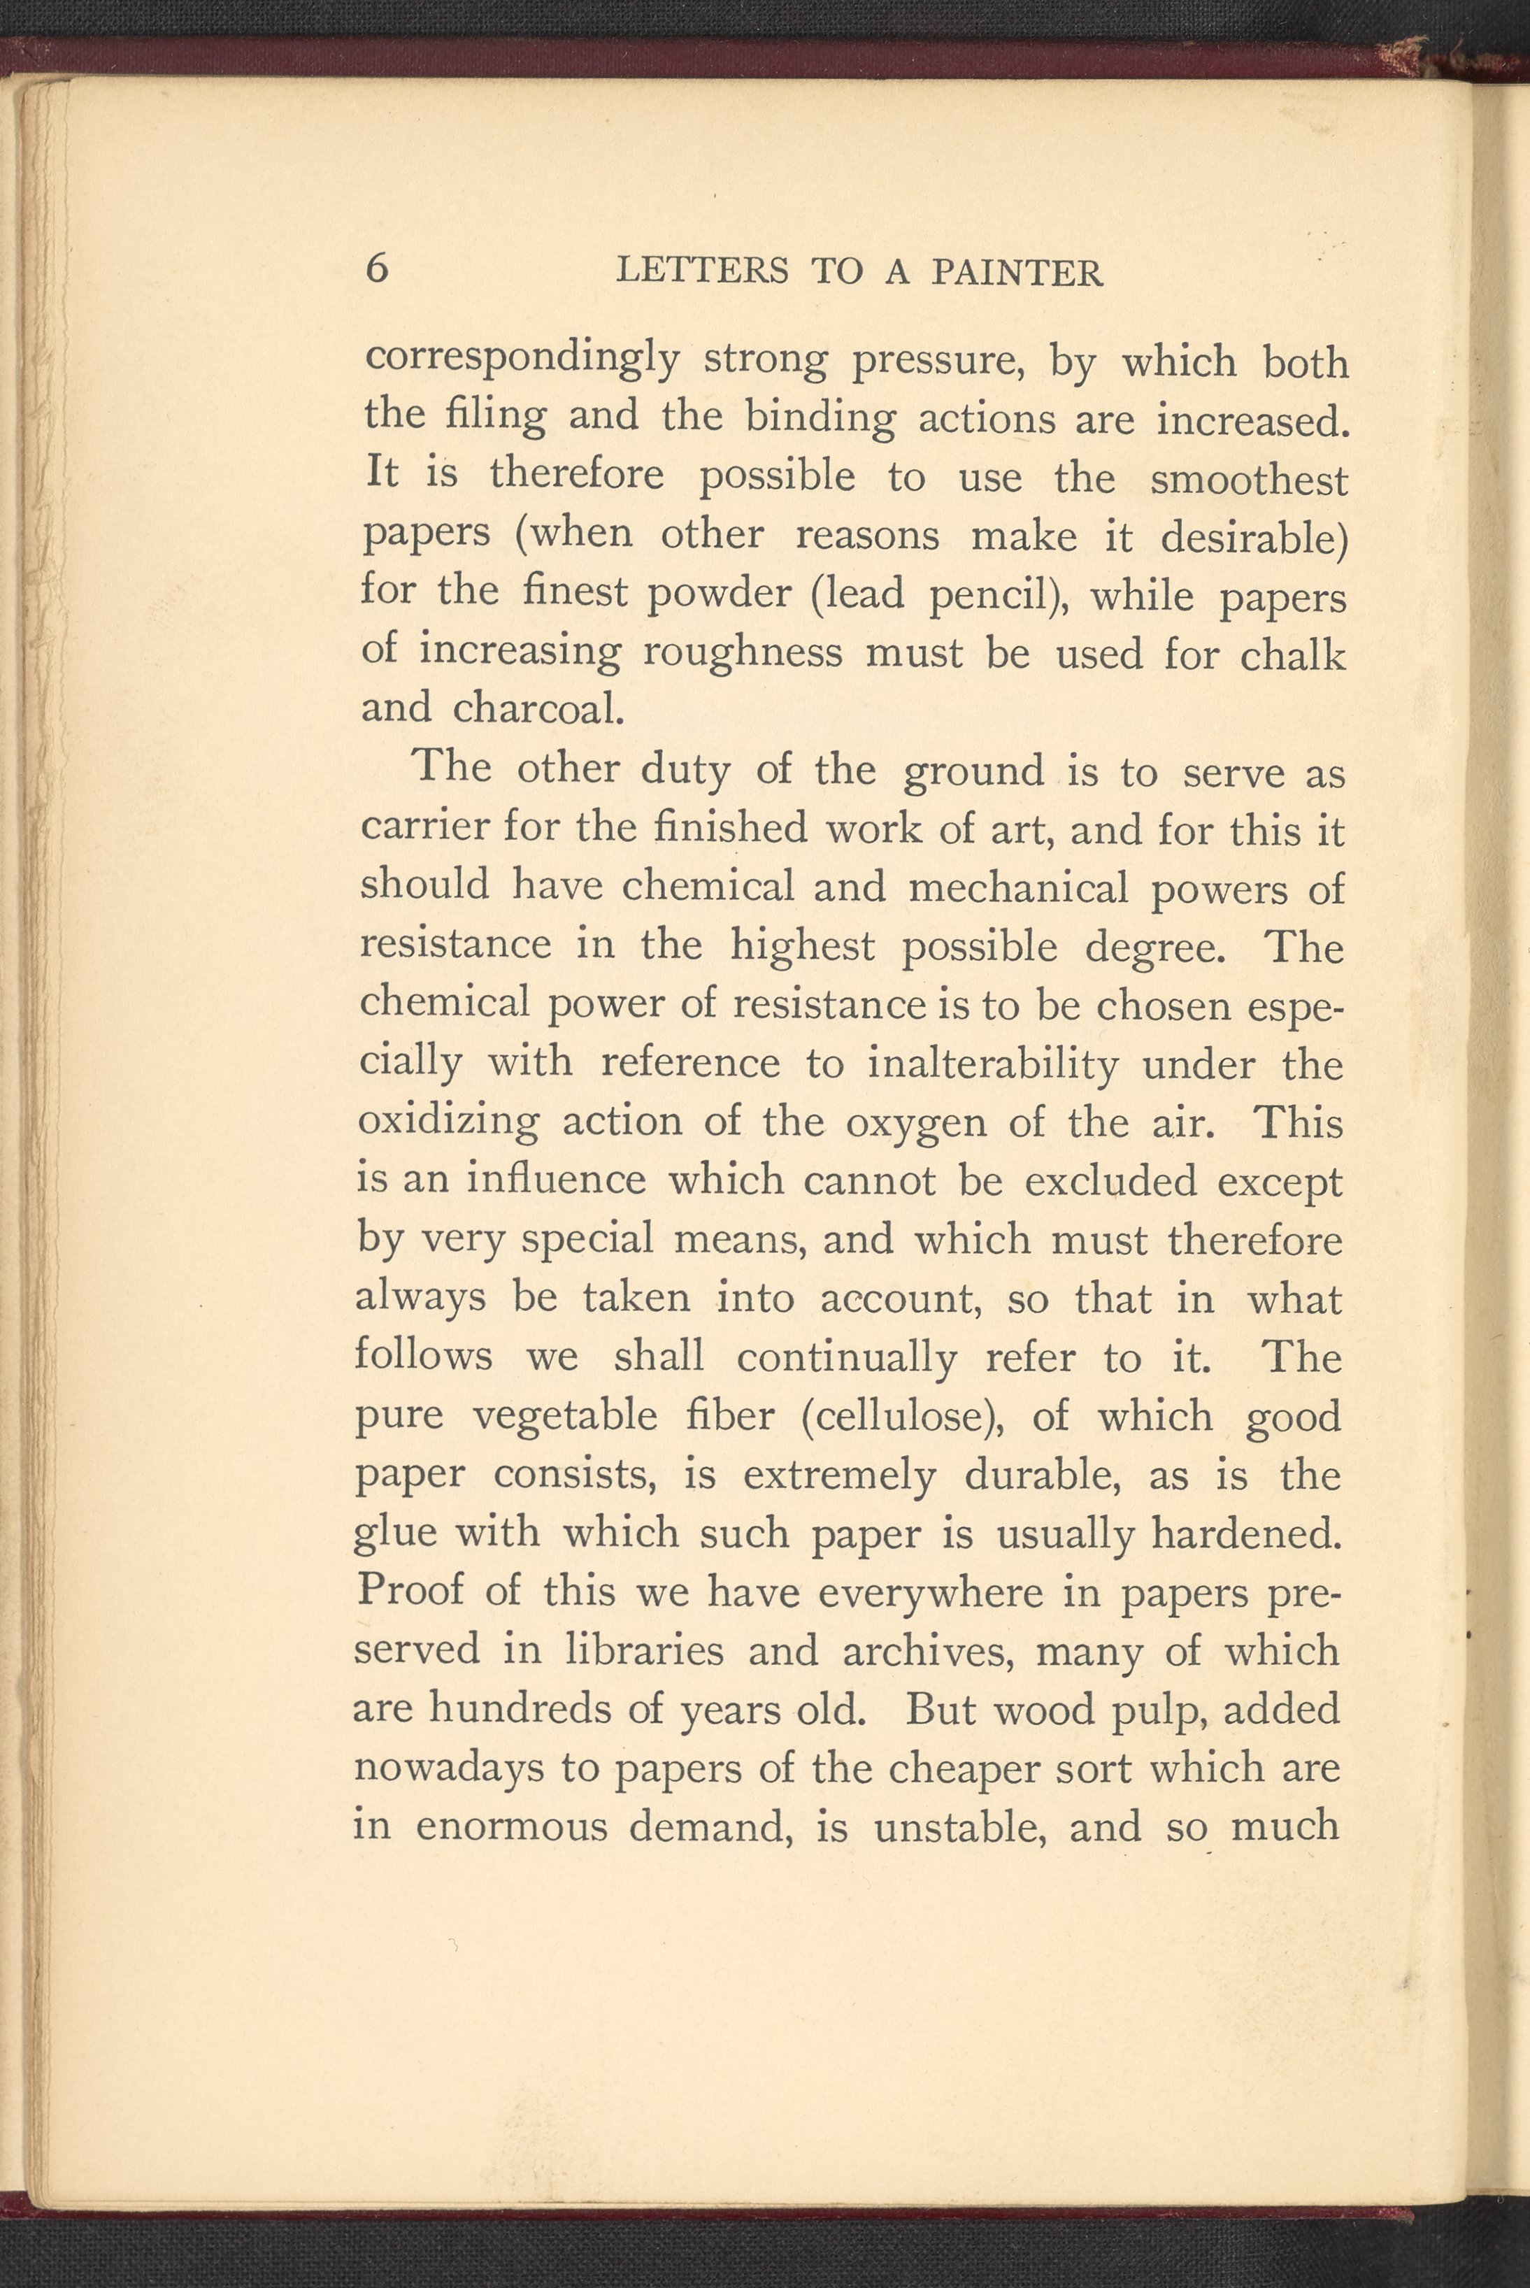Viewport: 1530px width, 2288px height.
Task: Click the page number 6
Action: [x=378, y=266]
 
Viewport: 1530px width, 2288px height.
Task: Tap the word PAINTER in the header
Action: [x=1017, y=272]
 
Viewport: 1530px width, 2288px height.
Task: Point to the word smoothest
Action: [x=1249, y=479]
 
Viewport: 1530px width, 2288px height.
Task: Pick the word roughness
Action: [x=743, y=652]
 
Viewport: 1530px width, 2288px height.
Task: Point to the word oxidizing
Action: [x=448, y=1122]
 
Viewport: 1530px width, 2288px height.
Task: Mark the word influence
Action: [x=556, y=1180]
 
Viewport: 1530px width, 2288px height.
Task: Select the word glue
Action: [x=395, y=1533]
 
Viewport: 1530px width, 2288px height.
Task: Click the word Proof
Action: [x=410, y=1590]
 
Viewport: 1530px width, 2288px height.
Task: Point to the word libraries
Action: [x=645, y=1650]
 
